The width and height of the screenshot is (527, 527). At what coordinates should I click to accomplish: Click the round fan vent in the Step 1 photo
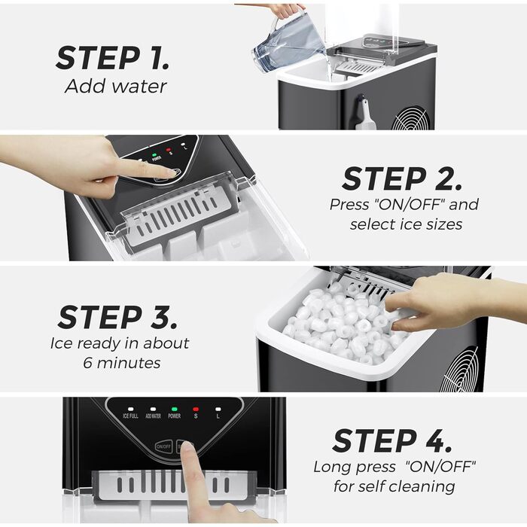click(412, 118)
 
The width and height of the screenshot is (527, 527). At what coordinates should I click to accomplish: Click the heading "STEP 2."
click(402, 178)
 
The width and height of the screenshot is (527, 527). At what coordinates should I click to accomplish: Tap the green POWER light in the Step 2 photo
click(155, 149)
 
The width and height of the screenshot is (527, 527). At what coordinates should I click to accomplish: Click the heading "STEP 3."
click(117, 317)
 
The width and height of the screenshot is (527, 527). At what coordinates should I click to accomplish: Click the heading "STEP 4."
click(392, 441)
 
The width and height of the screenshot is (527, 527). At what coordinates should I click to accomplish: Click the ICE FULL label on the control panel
click(130, 416)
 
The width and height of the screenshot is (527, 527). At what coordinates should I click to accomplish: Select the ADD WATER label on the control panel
click(153, 416)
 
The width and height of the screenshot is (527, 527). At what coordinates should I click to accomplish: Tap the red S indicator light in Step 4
click(196, 408)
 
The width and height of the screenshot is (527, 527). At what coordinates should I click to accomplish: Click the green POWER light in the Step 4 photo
click(175, 408)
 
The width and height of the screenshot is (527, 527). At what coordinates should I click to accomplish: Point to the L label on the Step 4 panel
click(218, 416)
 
